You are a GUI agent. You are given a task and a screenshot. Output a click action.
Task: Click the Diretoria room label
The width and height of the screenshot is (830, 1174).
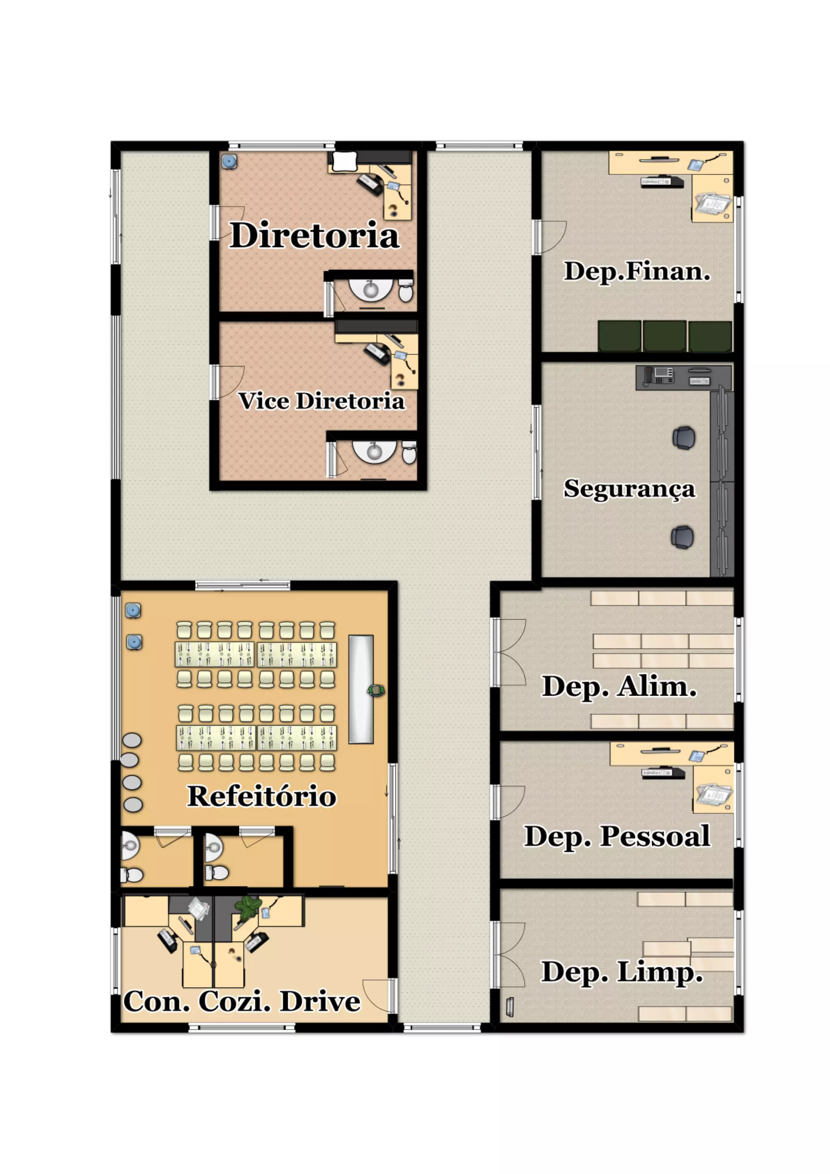click(314, 235)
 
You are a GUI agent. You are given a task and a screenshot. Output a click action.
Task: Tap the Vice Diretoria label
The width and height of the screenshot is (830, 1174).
click(321, 401)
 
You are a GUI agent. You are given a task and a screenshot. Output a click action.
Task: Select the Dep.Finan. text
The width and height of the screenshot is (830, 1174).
click(637, 272)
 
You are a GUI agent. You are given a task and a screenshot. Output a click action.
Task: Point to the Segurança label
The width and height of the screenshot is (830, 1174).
click(630, 489)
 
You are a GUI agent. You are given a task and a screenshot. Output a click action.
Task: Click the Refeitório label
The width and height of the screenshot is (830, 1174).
click(262, 796)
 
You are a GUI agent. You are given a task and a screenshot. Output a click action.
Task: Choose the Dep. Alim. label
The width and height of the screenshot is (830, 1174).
click(619, 687)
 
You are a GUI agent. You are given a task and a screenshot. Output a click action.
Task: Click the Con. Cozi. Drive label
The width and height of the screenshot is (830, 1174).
click(242, 1001)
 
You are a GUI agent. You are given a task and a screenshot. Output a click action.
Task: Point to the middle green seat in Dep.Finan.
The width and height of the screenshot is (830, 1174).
click(664, 336)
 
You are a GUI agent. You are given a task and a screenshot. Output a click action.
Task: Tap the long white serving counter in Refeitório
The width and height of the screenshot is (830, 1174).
click(361, 689)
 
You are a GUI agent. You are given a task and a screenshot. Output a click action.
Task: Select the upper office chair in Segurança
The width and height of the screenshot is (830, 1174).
click(683, 438)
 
